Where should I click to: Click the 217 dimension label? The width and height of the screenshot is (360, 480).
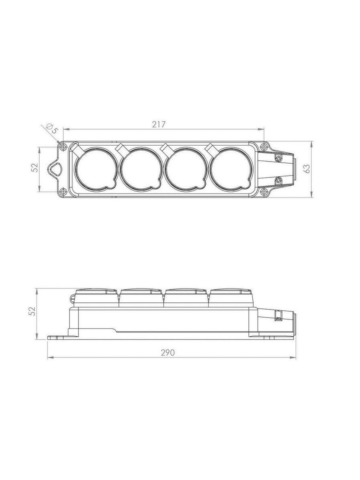[159, 124]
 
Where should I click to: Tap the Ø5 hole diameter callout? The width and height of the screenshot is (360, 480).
[52, 129]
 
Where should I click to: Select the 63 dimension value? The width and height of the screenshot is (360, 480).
[307, 169]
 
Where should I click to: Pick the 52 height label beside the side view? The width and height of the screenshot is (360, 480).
[32, 311]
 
